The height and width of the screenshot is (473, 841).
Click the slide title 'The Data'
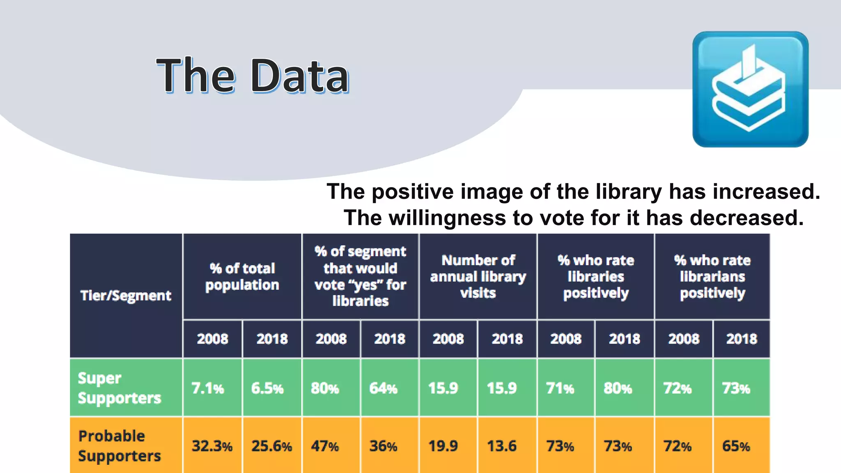pyautogui.click(x=253, y=76)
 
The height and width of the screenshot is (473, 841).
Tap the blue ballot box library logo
pyautogui.click(x=750, y=89)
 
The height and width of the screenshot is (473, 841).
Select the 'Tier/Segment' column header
pyautogui.click(x=126, y=296)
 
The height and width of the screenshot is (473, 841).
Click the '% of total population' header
pyautogui.click(x=242, y=276)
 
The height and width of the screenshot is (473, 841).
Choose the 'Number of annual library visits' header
pyautogui.click(x=478, y=276)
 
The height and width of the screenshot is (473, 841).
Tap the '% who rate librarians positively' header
pyautogui.click(x=712, y=276)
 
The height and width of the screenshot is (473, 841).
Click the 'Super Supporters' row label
pyautogui.click(x=119, y=388)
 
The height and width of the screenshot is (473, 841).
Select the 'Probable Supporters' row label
pyautogui.click(x=119, y=446)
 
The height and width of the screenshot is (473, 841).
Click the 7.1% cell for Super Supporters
pyautogui.click(x=208, y=388)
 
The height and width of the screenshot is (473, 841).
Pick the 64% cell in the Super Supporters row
pyautogui.click(x=383, y=388)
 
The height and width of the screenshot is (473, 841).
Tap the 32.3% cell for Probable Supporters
pyautogui.click(x=212, y=446)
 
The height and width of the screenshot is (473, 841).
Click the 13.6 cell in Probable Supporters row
pyautogui.click(x=502, y=446)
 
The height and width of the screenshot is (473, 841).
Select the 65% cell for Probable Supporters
pyautogui.click(x=736, y=446)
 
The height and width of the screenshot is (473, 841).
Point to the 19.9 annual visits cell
pyautogui.click(x=443, y=446)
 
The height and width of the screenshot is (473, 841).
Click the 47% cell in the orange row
pyautogui.click(x=325, y=446)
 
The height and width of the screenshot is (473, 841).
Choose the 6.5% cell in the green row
pyautogui.click(x=267, y=388)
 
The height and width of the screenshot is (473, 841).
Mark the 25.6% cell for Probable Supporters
pyautogui.click(x=271, y=446)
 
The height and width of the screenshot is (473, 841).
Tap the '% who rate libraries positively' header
pyautogui.click(x=596, y=276)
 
